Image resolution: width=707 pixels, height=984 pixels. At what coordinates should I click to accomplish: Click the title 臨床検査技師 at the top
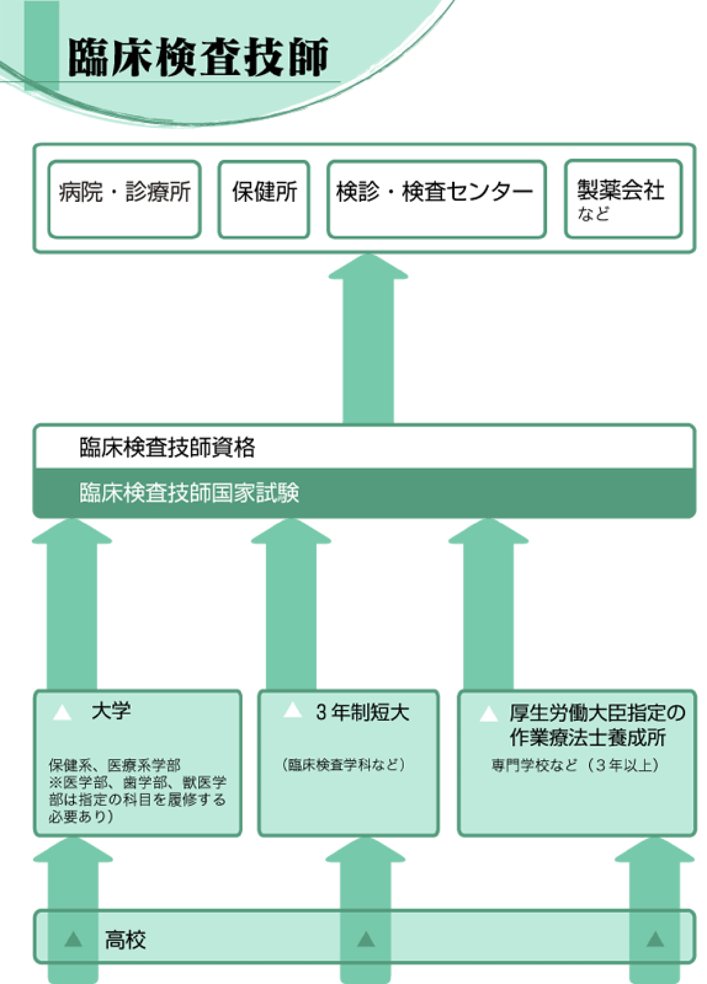(x=198, y=58)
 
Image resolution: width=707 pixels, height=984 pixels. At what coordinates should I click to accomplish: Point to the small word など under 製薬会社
(x=593, y=214)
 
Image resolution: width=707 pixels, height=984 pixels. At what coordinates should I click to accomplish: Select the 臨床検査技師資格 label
(x=167, y=447)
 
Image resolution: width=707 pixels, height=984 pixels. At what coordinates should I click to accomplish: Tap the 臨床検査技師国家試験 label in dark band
(x=189, y=493)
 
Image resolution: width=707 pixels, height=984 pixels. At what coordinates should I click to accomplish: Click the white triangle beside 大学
(x=62, y=713)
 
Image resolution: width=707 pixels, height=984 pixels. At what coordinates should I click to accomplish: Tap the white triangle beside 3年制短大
(x=293, y=710)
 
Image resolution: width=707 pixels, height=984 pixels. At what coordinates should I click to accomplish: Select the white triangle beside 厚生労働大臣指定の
(x=489, y=714)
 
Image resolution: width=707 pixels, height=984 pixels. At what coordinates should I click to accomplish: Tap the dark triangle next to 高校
(x=73, y=939)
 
